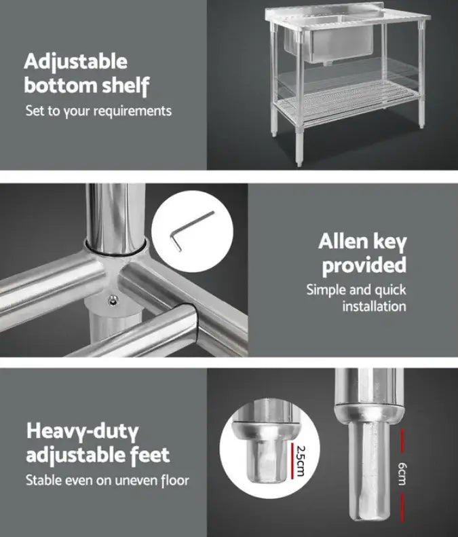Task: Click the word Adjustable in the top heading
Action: tap(75, 62)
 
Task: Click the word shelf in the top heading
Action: tap(123, 86)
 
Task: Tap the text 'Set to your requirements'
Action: tap(98, 110)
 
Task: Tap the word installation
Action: tap(374, 306)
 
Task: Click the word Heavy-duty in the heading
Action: tap(82, 430)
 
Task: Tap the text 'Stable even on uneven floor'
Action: tap(107, 481)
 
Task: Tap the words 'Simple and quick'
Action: tap(356, 290)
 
